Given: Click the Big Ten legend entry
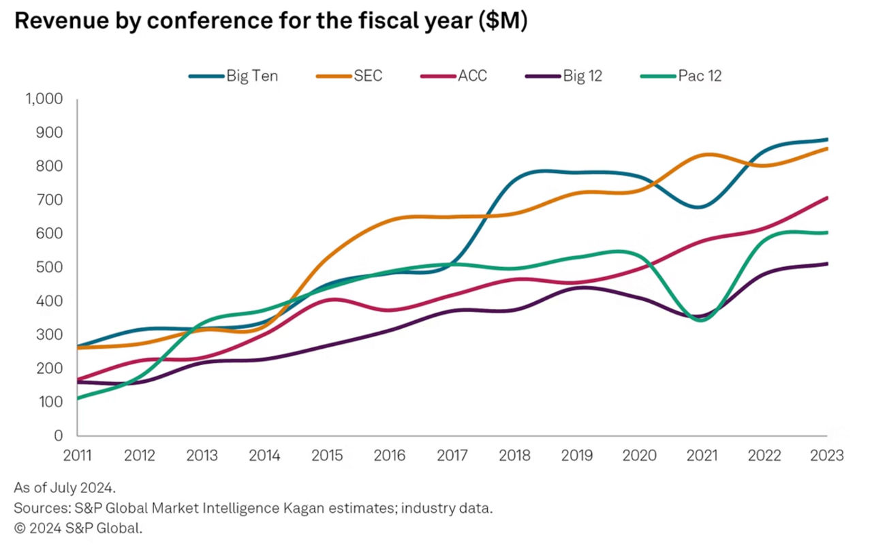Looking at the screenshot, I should pyautogui.click(x=233, y=76).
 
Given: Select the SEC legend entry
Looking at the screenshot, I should pyautogui.click(x=350, y=76).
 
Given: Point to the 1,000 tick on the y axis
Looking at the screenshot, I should pyautogui.click(x=44, y=99).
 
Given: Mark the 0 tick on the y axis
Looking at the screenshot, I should pyautogui.click(x=58, y=435).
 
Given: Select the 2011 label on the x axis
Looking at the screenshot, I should pyautogui.click(x=77, y=455).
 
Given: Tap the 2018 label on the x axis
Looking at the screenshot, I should pyautogui.click(x=515, y=455).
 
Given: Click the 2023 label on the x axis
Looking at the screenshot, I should pyautogui.click(x=827, y=455).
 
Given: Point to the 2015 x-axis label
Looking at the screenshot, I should pyautogui.click(x=327, y=455).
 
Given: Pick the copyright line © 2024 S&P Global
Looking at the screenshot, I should pyautogui.click(x=78, y=528).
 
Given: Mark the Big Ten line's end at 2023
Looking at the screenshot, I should pyautogui.click(x=826, y=140).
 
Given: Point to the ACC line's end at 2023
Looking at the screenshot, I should pyautogui.click(x=826, y=198).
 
